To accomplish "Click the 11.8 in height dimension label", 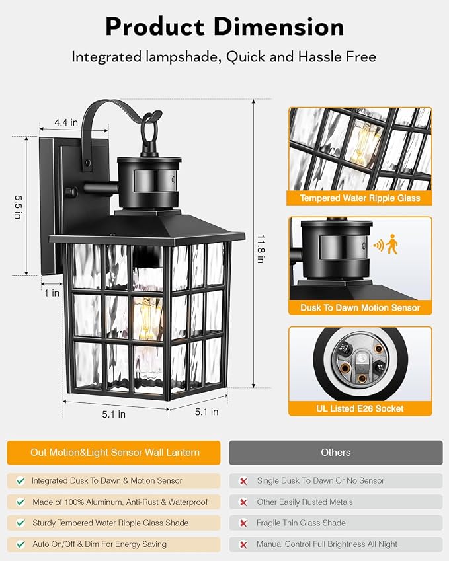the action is point(261,249).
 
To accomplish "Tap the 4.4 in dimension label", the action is point(66,122).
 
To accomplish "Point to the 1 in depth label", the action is point(52,293).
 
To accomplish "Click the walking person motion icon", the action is point(391,244).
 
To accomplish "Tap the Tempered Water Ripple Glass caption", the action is point(360,198).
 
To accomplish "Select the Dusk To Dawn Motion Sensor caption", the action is point(360,308).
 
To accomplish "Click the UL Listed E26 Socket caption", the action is point(360,408).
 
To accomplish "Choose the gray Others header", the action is point(336,453).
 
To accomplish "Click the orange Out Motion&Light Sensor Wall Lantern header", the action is point(114,453).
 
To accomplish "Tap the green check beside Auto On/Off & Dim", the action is point(20,544).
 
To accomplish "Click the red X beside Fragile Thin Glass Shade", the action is point(243,523).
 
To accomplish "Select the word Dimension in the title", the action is point(279,27).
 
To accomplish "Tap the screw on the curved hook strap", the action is point(88,162).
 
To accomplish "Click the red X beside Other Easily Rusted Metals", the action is point(243,502).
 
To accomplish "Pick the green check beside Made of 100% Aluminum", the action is point(20,502).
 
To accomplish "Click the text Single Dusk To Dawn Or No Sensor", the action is point(321,480).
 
